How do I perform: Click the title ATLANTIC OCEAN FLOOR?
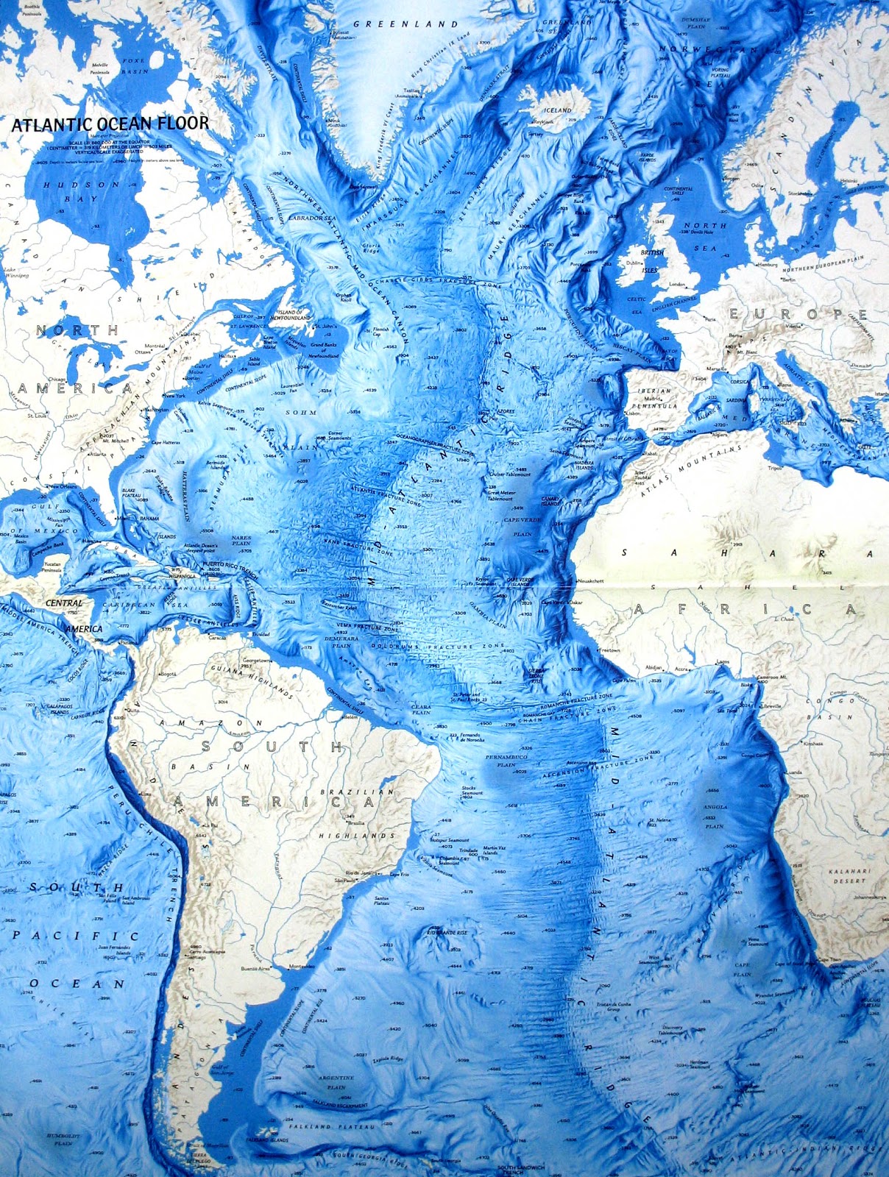pos(110,124)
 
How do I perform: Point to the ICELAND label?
pos(557,110)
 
